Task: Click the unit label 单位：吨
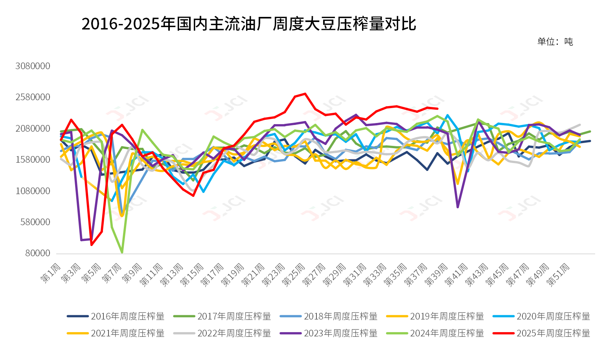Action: point(555,42)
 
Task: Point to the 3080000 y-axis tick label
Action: point(33,66)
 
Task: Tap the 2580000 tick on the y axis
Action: point(33,97)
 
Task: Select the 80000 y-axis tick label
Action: point(38,253)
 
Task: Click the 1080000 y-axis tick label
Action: point(33,191)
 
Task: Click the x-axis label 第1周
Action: point(51,273)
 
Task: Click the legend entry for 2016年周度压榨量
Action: point(116,316)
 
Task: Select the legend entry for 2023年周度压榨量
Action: point(329,333)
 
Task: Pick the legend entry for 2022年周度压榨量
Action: point(222,333)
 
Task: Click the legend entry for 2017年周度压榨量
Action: point(222,316)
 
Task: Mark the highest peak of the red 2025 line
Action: point(305,94)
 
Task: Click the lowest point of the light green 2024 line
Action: point(122,252)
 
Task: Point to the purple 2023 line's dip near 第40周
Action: point(458,207)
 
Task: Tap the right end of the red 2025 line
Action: point(438,108)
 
